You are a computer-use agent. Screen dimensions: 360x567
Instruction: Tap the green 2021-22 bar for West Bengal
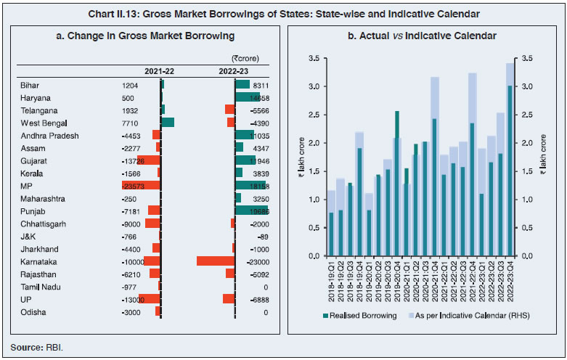pos(168,122)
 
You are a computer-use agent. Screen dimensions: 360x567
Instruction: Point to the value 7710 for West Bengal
pos(131,123)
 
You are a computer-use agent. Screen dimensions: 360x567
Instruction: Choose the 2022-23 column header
pos(235,71)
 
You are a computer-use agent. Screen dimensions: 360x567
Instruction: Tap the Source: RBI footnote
pos(37,347)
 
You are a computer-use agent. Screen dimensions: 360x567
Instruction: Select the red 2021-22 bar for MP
pos(142,185)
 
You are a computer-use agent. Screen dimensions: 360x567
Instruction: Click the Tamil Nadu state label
pos(39,287)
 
